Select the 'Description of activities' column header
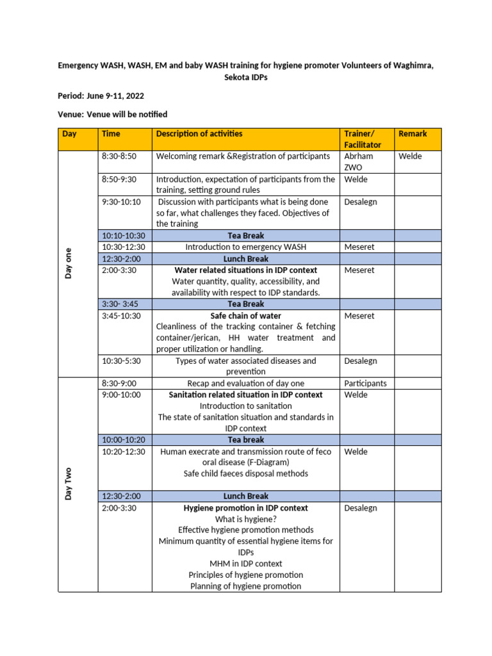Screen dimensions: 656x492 point(199,134)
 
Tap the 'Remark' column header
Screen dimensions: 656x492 point(413,134)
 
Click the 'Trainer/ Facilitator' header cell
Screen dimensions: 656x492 point(363,139)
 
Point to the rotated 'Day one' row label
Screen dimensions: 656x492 point(69,263)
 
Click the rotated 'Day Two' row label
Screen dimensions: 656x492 point(69,484)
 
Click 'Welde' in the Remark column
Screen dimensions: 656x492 point(410,156)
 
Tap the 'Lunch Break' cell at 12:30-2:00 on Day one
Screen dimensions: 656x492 point(245,259)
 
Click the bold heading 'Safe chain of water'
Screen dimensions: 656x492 point(245,316)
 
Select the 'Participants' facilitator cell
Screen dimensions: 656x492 point(365,384)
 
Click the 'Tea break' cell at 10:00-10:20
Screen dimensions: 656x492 point(245,440)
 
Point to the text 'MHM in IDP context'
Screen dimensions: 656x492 point(245,564)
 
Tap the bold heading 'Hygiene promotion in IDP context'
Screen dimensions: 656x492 point(245,508)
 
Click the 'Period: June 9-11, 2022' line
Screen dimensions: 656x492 point(101,96)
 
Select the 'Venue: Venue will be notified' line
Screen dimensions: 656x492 point(113,115)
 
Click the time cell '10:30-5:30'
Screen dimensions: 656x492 point(121,361)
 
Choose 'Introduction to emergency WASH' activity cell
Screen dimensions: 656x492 point(245,247)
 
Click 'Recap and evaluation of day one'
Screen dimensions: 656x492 point(245,384)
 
